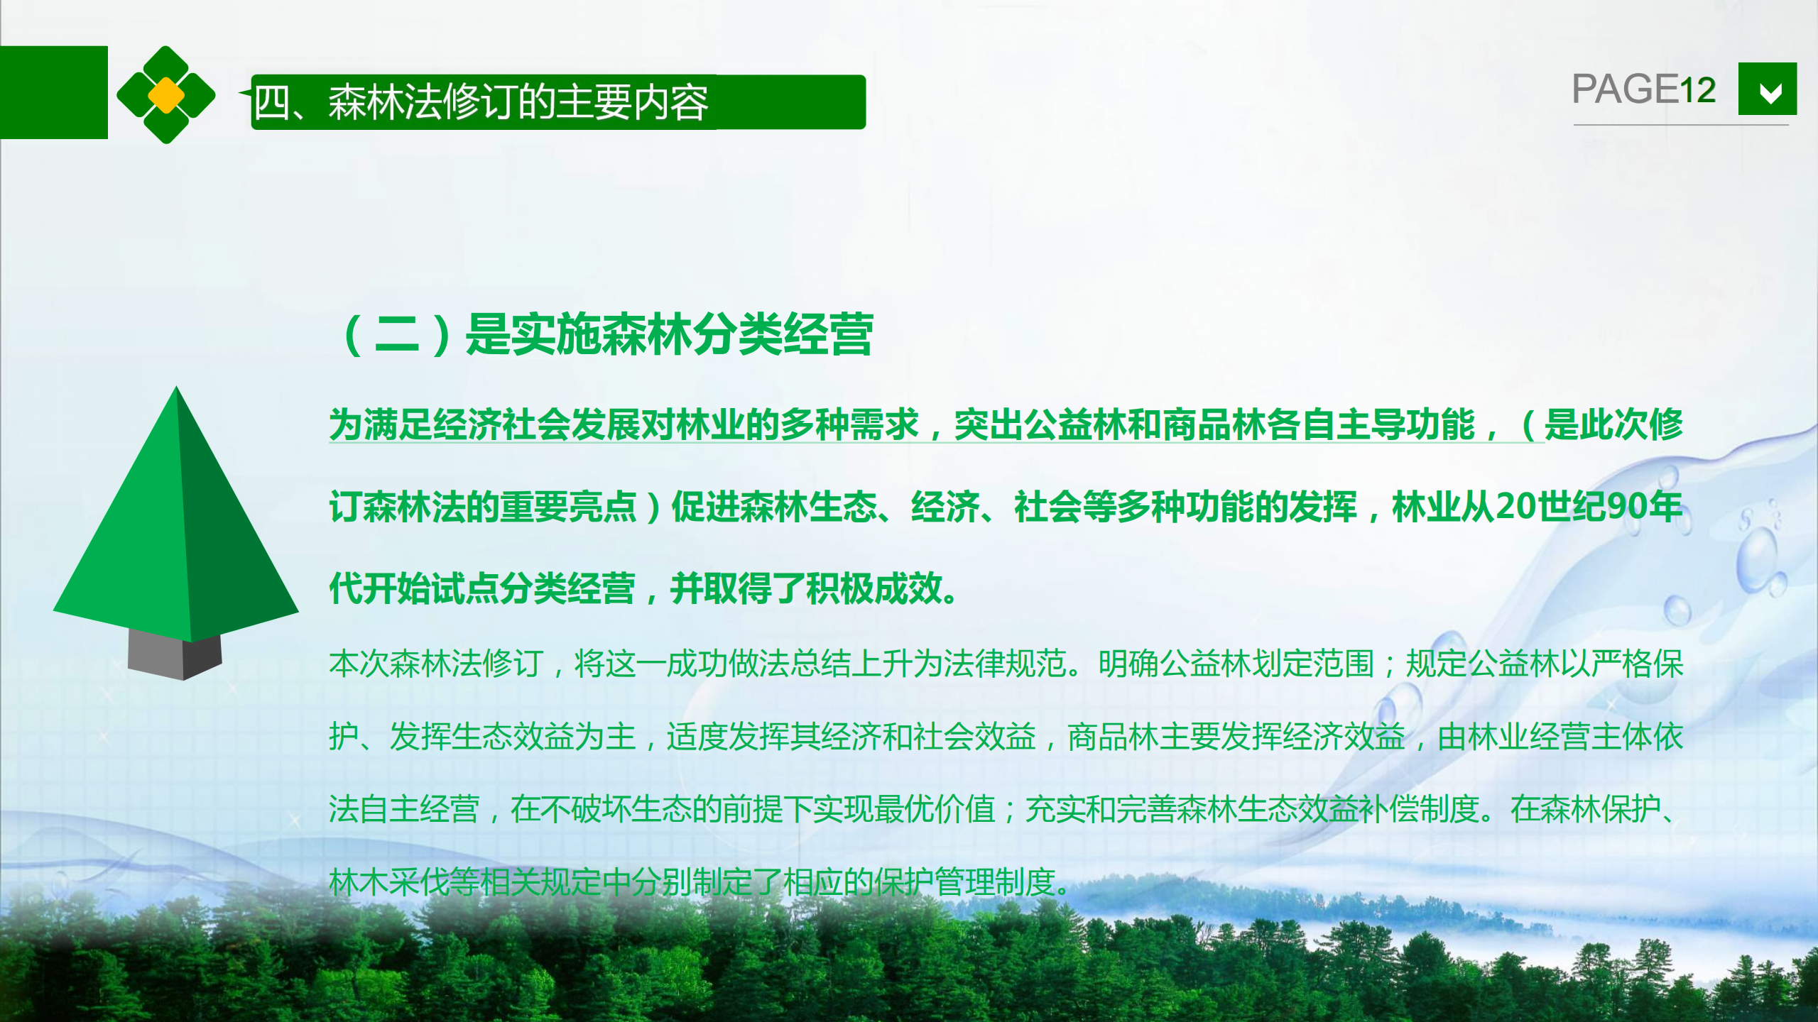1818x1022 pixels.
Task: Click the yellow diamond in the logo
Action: click(166, 95)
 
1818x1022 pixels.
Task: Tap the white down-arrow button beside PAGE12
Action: click(1768, 89)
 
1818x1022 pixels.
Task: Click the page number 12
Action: click(1697, 90)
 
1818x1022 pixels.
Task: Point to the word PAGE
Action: click(1625, 89)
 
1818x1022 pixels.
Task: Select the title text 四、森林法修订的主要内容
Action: click(481, 102)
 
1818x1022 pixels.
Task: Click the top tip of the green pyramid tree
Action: click(176, 387)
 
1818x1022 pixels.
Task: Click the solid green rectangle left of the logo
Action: click(54, 92)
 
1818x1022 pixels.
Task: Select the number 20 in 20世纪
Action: click(1516, 507)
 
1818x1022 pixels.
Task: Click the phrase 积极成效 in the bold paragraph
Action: click(875, 588)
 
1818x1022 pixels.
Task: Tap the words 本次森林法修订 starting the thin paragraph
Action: click(436, 664)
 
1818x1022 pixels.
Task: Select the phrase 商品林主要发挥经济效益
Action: click(1236, 737)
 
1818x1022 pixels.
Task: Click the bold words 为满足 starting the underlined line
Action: click(381, 425)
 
